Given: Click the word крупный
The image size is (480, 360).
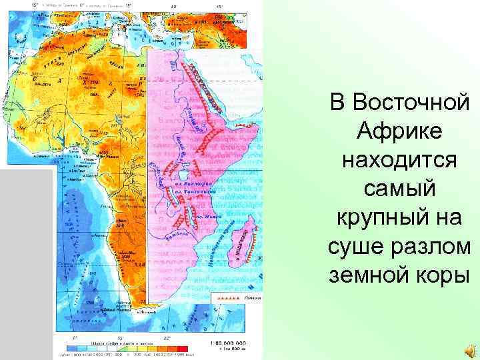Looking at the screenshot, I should [381, 218].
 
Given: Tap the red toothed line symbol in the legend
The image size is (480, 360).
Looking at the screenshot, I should [227, 297].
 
